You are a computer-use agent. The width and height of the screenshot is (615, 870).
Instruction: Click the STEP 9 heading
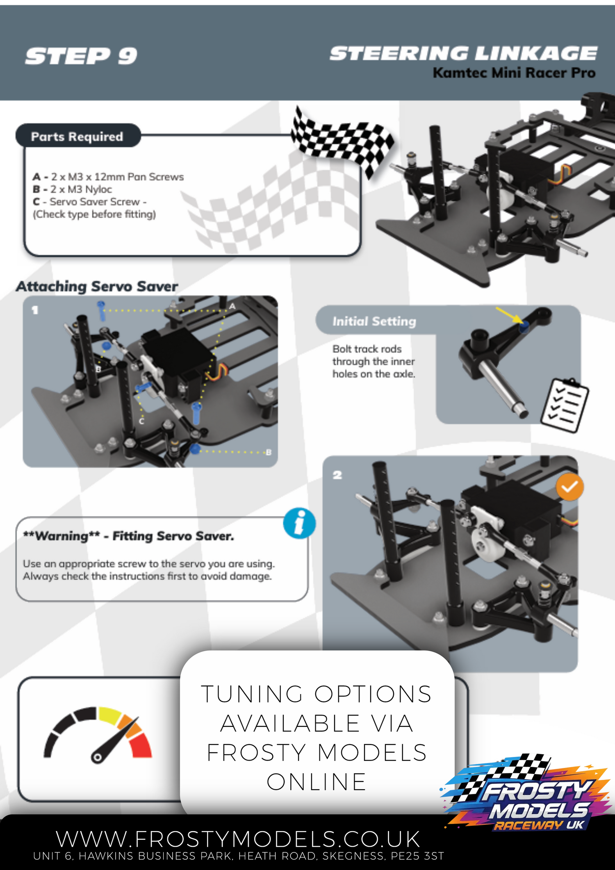point(81,56)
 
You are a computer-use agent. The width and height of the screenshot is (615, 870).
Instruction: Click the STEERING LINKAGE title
point(463,54)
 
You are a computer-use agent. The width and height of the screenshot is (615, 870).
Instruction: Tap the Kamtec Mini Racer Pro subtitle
point(514,73)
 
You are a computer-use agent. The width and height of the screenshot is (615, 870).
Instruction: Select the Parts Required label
point(77,137)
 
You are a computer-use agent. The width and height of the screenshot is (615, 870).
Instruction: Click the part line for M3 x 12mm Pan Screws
point(108,177)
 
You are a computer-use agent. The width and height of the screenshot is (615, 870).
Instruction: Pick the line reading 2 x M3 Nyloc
point(72,189)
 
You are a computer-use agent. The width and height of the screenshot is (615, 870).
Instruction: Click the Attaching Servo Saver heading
point(97,286)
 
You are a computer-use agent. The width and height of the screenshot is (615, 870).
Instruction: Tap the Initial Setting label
point(374,321)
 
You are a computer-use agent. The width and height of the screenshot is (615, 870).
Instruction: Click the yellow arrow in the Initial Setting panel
point(508,315)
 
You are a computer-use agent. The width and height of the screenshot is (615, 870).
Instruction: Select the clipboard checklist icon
point(565,405)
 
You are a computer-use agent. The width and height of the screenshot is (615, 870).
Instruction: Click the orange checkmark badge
point(570,487)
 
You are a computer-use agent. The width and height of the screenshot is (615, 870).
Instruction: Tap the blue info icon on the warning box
point(300,524)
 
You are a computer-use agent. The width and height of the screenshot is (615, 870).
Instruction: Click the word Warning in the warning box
point(61,536)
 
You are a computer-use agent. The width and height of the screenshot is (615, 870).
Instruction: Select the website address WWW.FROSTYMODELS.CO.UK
point(238,839)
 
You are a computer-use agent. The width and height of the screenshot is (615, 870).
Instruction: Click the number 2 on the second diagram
point(337,475)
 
